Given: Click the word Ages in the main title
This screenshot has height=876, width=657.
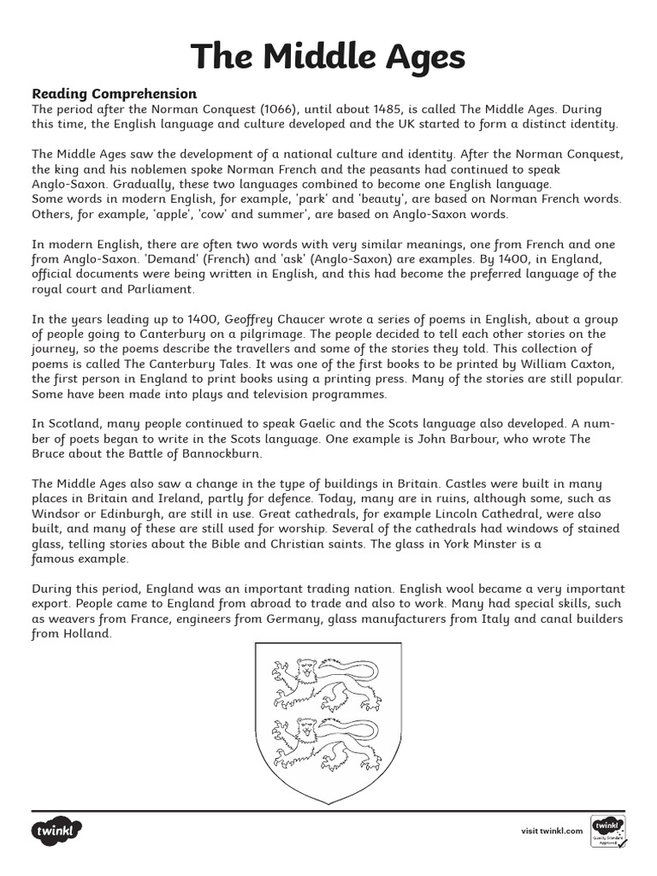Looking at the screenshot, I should click(x=417, y=56).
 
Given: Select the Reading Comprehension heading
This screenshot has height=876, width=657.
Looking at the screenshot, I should click(x=114, y=93).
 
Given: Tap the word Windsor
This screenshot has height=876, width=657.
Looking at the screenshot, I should click(x=58, y=513).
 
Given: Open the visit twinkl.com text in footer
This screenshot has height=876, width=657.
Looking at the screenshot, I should click(x=552, y=831).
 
